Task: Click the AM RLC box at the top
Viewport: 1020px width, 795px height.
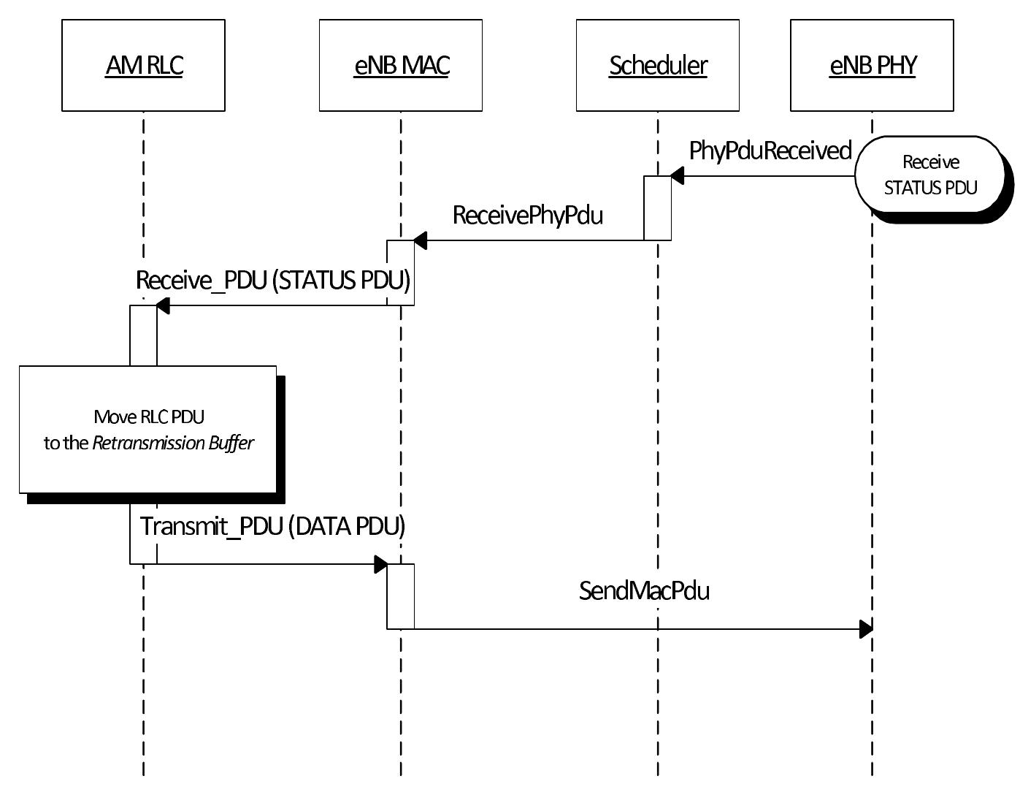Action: click(x=143, y=66)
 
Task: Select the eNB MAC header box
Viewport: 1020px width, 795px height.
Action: click(x=400, y=66)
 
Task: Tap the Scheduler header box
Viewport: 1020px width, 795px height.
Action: click(x=657, y=66)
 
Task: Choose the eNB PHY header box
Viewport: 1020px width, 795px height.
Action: click(x=872, y=66)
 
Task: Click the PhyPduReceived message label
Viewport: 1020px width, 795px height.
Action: click(x=770, y=151)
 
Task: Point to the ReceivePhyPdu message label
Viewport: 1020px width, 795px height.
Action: click(x=527, y=216)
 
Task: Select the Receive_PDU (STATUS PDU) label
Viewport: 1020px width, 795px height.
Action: click(x=272, y=281)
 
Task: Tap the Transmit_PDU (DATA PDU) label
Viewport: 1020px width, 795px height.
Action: click(x=272, y=526)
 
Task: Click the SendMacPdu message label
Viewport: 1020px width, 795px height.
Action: click(x=644, y=590)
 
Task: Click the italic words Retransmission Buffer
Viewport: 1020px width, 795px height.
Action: click(x=173, y=444)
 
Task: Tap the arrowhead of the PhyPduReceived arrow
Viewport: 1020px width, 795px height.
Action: click(x=677, y=175)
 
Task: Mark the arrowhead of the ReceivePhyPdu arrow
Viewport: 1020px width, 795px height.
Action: click(x=420, y=240)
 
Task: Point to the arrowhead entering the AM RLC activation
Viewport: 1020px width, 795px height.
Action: click(x=162, y=305)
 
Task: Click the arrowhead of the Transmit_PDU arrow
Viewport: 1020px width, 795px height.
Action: click(x=380, y=564)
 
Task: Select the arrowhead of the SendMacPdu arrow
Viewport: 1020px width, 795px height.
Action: click(x=866, y=628)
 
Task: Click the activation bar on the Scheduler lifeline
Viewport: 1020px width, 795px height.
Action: click(x=657, y=208)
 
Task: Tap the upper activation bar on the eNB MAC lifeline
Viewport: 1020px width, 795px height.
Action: click(x=400, y=273)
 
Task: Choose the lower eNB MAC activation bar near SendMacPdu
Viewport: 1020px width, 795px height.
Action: click(x=400, y=596)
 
